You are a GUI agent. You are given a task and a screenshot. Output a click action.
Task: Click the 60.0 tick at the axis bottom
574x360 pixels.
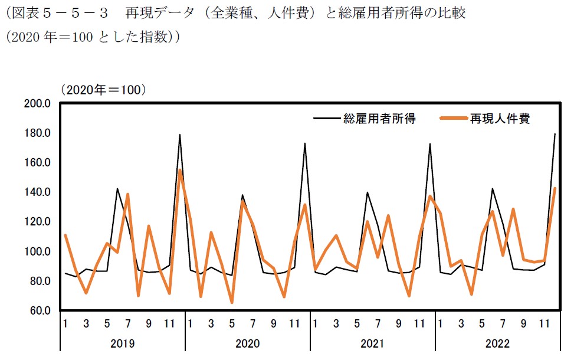(41, 311)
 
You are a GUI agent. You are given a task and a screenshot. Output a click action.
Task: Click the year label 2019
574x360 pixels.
(123, 343)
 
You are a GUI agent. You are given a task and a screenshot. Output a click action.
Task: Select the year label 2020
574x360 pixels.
(248, 343)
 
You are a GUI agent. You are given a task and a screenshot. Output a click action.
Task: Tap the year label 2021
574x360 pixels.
(373, 343)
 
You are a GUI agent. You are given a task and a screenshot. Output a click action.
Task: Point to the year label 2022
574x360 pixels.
(498, 343)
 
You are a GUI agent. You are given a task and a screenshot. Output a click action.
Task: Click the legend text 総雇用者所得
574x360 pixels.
(380, 119)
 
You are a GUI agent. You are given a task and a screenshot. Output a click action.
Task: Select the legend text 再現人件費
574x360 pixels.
(500, 119)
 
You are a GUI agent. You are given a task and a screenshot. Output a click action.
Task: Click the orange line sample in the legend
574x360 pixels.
(453, 119)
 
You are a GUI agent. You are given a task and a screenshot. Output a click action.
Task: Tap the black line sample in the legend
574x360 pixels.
(327, 119)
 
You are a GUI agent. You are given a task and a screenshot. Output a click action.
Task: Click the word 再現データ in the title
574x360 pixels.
(158, 12)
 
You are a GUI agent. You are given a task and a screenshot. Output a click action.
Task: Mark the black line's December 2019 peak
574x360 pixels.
(179, 135)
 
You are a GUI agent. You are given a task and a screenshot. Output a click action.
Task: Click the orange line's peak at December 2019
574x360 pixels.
(179, 170)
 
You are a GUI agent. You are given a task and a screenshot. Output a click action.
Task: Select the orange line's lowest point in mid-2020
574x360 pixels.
(232, 303)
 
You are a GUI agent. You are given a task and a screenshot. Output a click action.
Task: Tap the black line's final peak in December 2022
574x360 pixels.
(555, 134)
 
